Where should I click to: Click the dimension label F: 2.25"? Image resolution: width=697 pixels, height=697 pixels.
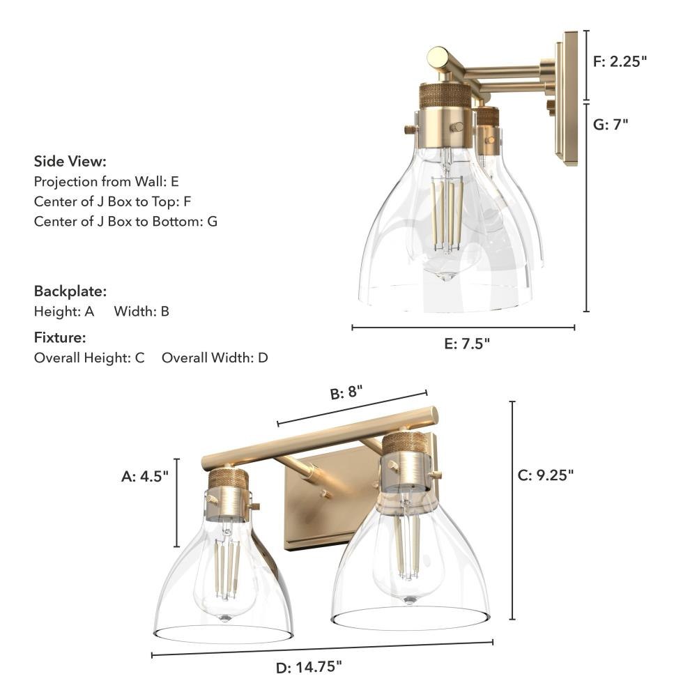(x=620, y=61)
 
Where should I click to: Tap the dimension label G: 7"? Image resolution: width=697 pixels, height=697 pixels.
(x=611, y=125)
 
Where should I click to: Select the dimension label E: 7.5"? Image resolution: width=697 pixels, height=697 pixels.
(x=467, y=344)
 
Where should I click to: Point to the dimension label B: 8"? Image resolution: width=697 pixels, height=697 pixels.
(x=346, y=392)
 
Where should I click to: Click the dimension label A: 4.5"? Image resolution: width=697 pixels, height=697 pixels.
(x=145, y=477)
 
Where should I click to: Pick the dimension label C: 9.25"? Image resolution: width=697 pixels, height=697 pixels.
(x=546, y=475)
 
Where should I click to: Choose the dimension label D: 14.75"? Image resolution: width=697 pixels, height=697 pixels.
(x=309, y=667)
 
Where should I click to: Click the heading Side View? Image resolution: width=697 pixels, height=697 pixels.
(x=70, y=162)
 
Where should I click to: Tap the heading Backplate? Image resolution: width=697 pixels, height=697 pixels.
(x=70, y=291)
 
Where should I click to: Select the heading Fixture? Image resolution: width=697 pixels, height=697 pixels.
(x=60, y=337)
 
